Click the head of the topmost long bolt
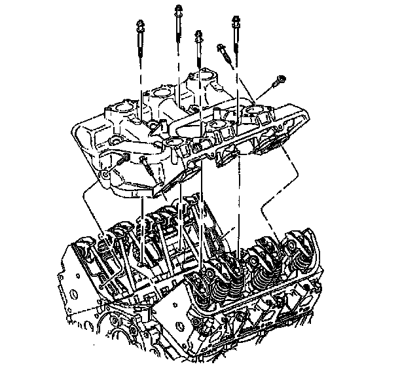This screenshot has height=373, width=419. pyautogui.click(x=177, y=9)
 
